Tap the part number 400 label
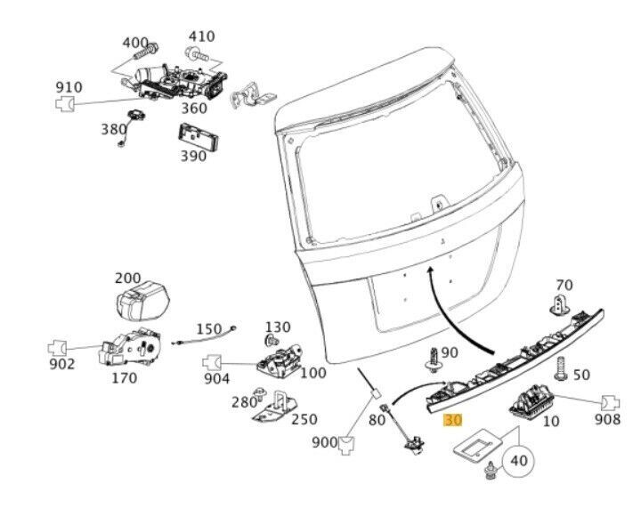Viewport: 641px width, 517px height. (135, 43)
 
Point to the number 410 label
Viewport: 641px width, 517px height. (201, 36)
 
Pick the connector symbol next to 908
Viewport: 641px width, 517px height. (610, 402)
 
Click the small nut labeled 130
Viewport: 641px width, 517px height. (272, 339)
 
